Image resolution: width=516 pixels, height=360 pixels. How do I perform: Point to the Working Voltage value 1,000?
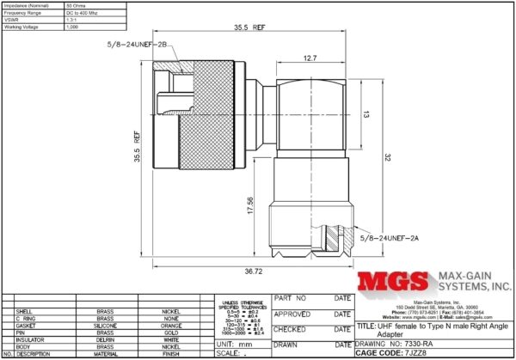[x=73, y=27]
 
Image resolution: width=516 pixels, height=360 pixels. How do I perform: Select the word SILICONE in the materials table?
[x=104, y=325]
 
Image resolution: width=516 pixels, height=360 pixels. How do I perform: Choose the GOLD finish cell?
[x=172, y=332]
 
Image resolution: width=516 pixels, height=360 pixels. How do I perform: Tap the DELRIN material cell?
[x=104, y=339]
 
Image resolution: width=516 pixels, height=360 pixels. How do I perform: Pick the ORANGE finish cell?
[x=172, y=325]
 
